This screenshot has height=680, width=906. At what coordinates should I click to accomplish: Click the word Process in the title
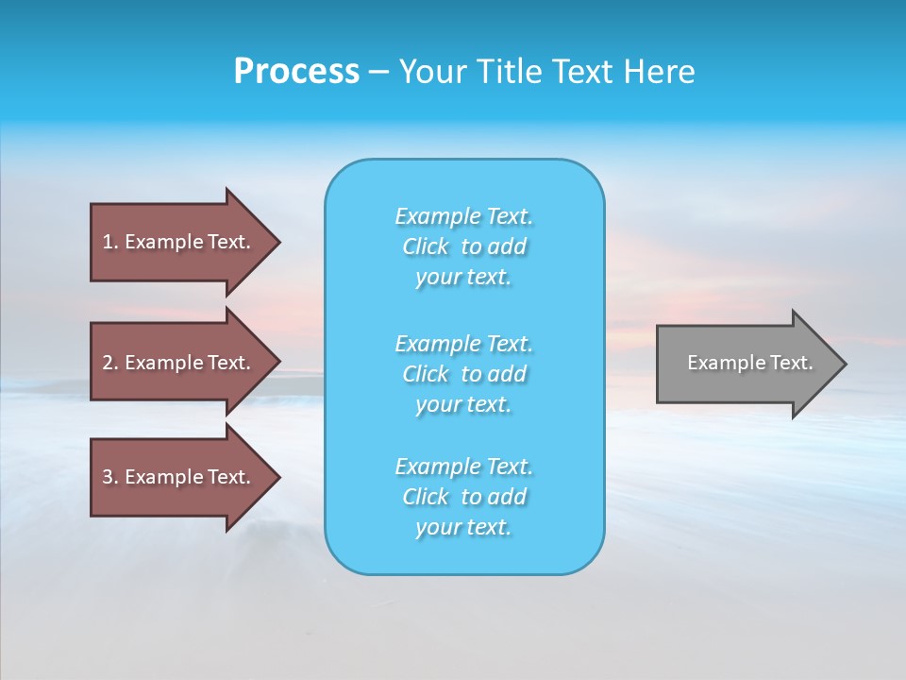296,72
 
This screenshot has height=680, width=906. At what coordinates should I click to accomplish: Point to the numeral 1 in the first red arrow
108,242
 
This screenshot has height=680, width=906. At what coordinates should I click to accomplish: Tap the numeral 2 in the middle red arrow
108,363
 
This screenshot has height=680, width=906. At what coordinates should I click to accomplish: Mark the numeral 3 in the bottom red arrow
108,477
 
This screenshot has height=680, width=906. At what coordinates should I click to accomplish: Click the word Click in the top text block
426,247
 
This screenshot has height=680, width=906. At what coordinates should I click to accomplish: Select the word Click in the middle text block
426,375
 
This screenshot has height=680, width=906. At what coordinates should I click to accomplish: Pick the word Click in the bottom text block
426,498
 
